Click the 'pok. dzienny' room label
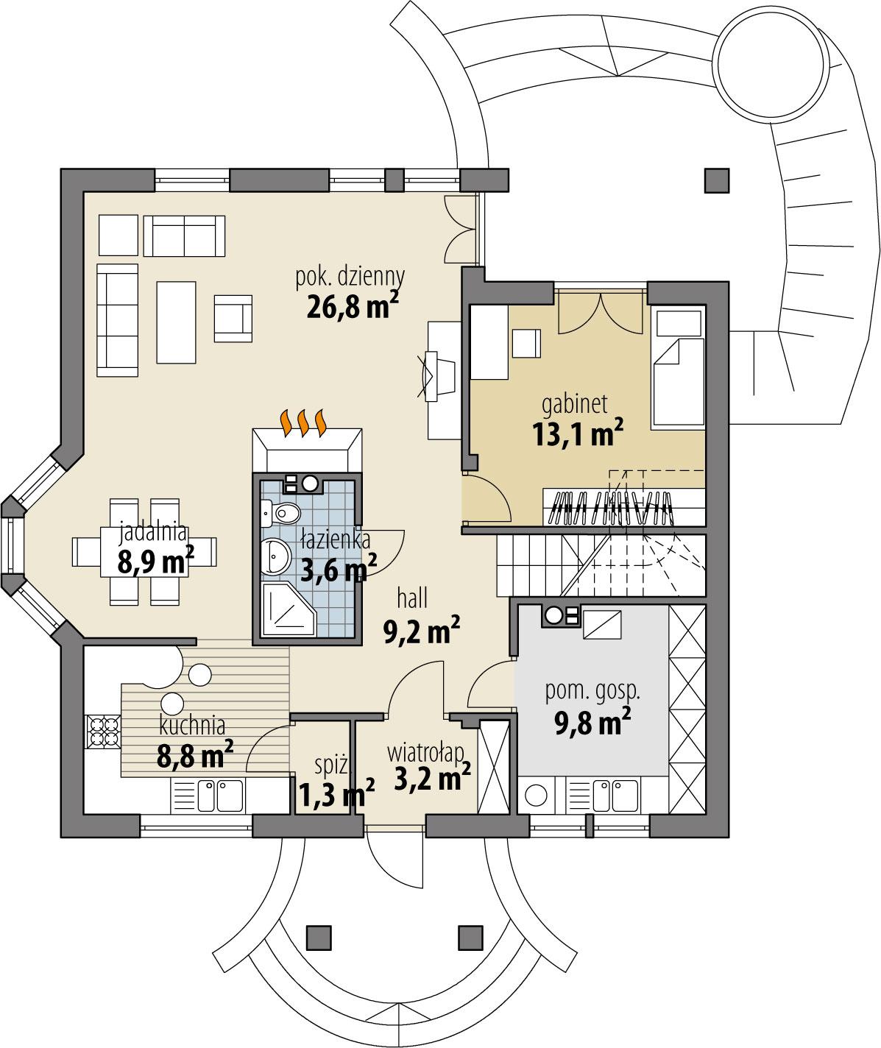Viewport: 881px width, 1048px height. [x=350, y=277]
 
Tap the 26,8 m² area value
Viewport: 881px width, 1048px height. [x=353, y=305]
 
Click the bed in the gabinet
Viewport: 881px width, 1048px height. [x=678, y=368]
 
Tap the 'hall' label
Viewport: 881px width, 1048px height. [x=412, y=599]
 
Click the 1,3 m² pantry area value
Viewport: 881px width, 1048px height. [x=336, y=796]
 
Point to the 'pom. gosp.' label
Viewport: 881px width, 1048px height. [x=592, y=691]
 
